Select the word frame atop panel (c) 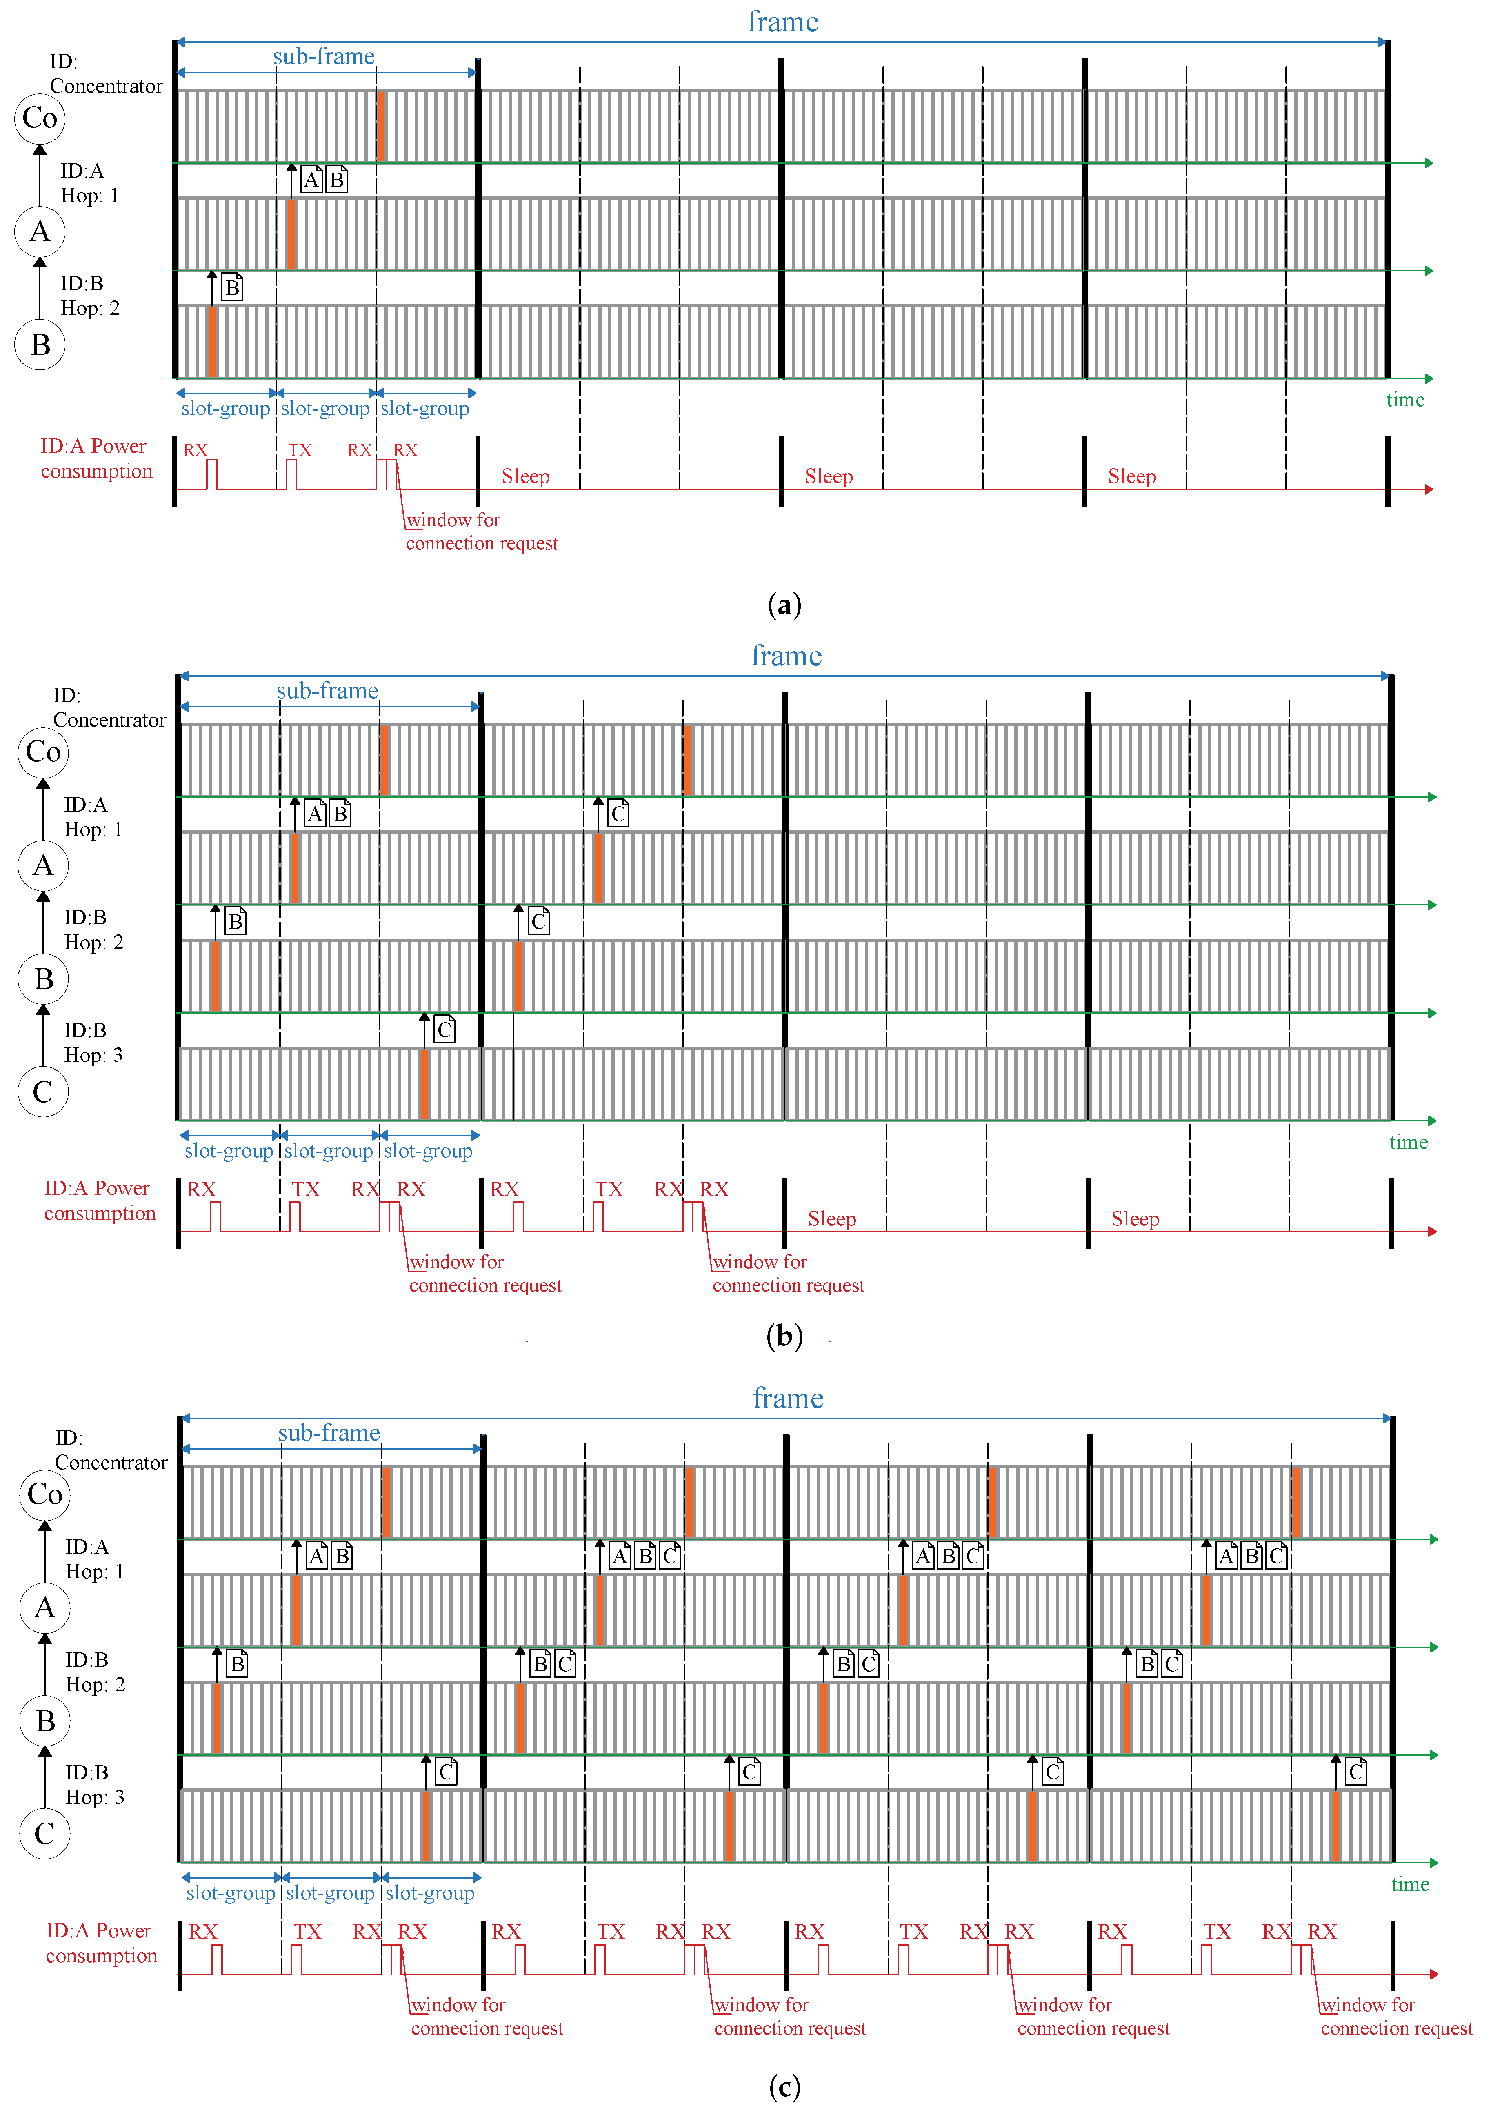(x=788, y=1398)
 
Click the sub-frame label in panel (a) (x=323, y=57)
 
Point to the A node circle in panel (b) (x=43, y=865)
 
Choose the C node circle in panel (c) (x=44, y=1834)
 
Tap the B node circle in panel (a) (x=40, y=344)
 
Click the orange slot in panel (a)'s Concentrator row (x=381, y=126)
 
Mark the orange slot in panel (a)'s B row (x=212, y=342)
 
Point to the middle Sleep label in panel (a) (x=828, y=476)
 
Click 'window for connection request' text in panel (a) (x=481, y=531)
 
